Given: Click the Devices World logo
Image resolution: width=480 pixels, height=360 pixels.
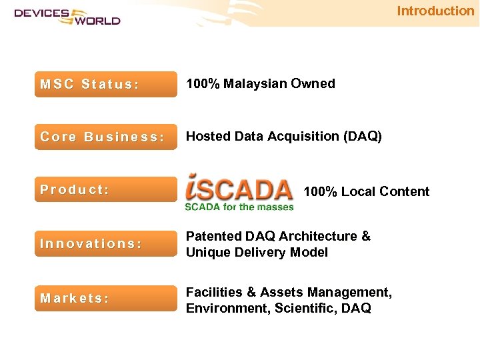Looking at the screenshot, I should tap(67, 16).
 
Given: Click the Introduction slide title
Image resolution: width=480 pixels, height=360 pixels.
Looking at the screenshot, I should tap(435, 11).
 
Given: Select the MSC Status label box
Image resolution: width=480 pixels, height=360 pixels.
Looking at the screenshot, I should tap(106, 85).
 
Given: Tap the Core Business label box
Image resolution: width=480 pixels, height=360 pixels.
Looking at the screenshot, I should tap(106, 137).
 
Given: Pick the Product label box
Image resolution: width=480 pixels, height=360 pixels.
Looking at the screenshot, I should tap(106, 189).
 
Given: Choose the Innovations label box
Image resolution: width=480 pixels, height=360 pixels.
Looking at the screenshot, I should tap(106, 244).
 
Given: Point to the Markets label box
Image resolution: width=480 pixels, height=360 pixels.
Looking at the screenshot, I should tap(106, 298).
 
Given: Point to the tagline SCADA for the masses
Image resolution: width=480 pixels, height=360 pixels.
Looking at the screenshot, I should tap(239, 207).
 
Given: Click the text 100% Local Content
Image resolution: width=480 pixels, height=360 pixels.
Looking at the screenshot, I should tap(366, 192).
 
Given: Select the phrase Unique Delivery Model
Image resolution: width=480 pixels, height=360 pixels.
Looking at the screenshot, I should tap(257, 253).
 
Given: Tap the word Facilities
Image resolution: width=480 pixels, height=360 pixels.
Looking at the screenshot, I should tap(212, 293).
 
